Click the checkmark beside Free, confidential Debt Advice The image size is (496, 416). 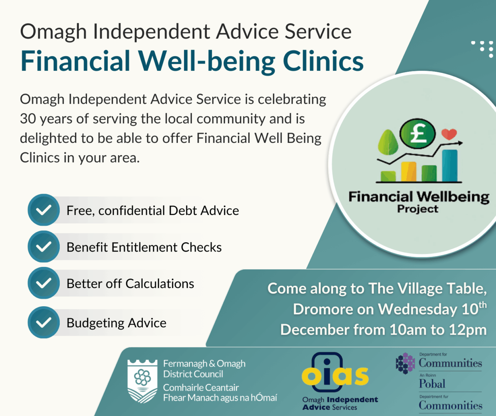click(44, 210)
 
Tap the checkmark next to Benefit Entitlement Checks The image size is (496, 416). click(44, 247)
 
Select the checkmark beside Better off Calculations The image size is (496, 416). click(44, 283)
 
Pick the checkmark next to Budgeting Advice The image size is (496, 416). click(44, 322)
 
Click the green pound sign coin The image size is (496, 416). click(417, 134)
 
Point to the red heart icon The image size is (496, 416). click(449, 134)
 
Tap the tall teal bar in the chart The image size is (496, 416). click(450, 166)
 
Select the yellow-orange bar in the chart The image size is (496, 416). click(409, 172)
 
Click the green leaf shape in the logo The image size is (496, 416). click(388, 142)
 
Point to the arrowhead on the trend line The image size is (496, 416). click(460, 143)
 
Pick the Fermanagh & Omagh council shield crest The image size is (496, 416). click(142, 381)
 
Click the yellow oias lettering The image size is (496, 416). click(335, 376)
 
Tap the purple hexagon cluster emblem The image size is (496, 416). click(405, 363)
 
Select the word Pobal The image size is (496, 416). click(432, 384)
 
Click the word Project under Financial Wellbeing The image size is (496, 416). click(417, 209)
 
